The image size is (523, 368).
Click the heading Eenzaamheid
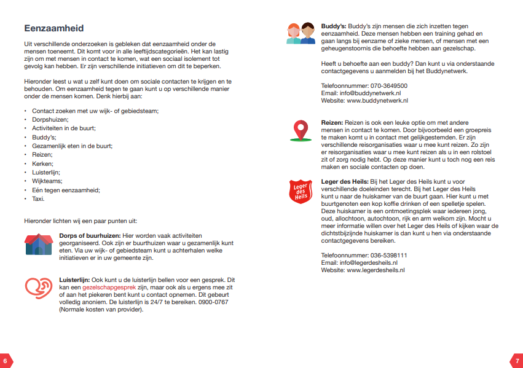click(53, 28)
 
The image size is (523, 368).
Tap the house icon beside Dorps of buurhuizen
click(39, 244)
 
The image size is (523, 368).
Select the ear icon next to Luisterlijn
click(39, 288)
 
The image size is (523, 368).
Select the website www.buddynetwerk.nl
click(377, 100)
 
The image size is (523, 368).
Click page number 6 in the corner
click(5, 361)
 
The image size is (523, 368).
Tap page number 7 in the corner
click(517, 361)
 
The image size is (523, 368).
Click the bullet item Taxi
click(38, 199)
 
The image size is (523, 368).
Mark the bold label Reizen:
click(332, 123)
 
